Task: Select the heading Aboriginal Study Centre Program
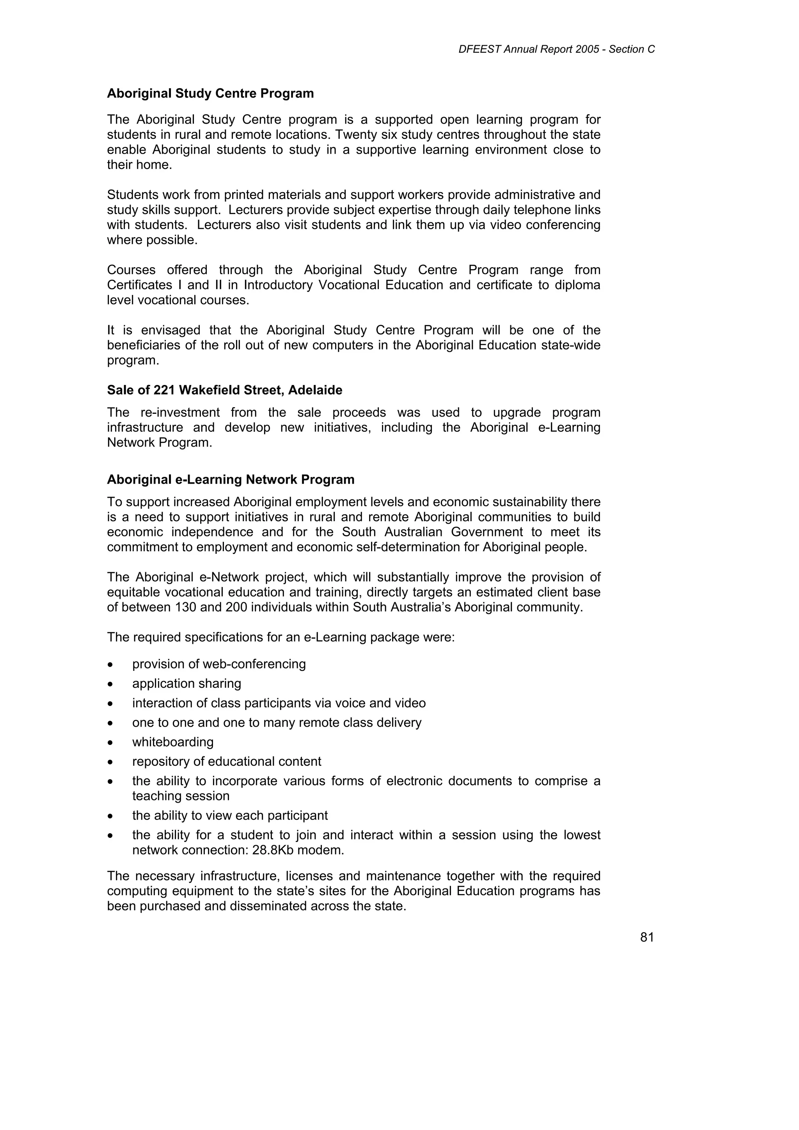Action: (x=210, y=94)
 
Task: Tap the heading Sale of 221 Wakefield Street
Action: (x=224, y=390)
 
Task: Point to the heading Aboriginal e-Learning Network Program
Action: (x=231, y=479)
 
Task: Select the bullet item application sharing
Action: (x=186, y=684)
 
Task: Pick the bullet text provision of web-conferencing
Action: (x=219, y=664)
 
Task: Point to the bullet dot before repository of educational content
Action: (x=111, y=762)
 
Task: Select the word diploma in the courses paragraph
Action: (x=577, y=285)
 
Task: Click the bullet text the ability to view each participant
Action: (x=230, y=816)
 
